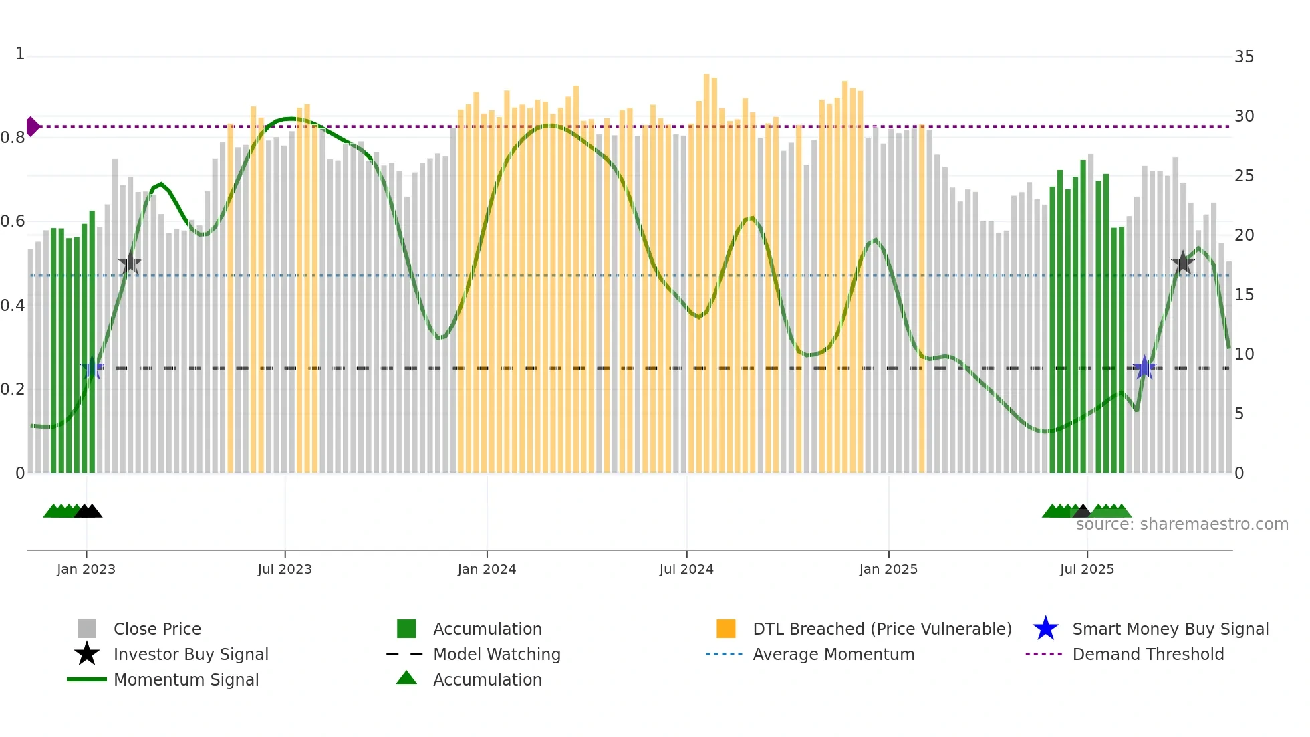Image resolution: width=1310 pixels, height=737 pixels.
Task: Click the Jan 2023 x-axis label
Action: [x=86, y=569]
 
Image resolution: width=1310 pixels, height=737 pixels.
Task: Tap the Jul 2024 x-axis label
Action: [x=686, y=569]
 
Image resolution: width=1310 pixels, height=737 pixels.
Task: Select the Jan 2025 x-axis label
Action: [x=888, y=569]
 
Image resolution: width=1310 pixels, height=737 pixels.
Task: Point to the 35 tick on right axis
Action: [x=1244, y=57]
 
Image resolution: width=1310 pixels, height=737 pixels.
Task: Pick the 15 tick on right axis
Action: [x=1244, y=295]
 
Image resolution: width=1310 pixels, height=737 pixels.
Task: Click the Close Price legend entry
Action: [x=157, y=629]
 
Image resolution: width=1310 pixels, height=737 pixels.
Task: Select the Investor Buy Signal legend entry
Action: [x=190, y=654]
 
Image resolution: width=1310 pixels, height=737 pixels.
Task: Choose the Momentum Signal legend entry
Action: [x=186, y=679]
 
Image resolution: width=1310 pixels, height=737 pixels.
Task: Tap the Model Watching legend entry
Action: [x=497, y=654]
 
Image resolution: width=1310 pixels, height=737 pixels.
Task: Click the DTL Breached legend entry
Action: [x=882, y=629]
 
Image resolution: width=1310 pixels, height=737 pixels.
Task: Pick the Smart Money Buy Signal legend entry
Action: [x=1170, y=629]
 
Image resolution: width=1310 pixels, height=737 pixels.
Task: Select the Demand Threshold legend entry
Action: [x=1148, y=654]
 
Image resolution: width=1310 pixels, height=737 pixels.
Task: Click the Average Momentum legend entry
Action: [x=833, y=654]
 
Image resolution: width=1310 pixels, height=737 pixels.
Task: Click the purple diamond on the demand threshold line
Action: [x=33, y=126]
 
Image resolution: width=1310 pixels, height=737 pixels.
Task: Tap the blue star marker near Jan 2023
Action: [x=92, y=368]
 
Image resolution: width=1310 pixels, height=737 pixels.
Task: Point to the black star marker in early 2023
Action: [x=130, y=264]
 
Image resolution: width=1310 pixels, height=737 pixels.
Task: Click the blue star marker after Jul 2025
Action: [x=1144, y=368]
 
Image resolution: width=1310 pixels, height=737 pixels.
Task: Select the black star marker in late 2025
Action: [x=1182, y=263]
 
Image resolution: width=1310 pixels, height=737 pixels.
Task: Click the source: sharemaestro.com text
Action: [x=1182, y=524]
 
